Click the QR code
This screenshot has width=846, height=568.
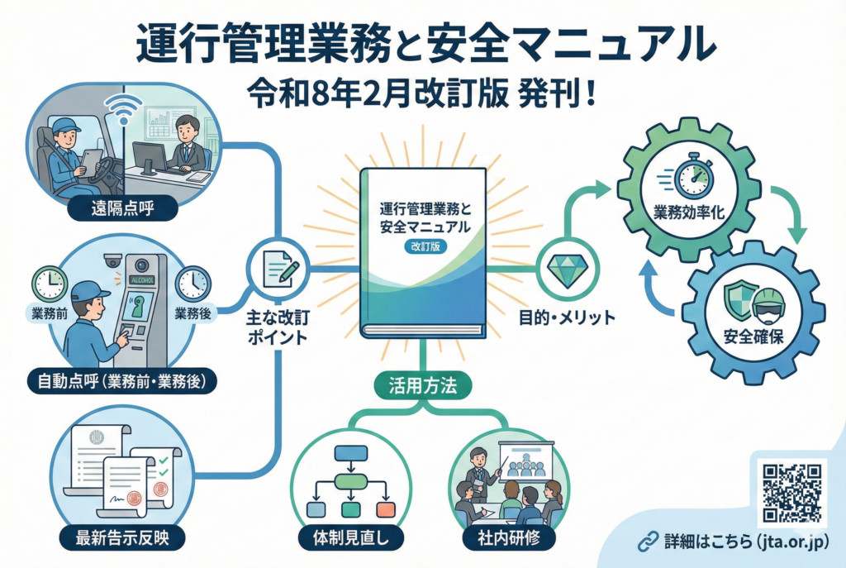[791, 494]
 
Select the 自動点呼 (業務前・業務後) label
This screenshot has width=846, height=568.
[121, 383]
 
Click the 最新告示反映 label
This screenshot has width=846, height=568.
[122, 539]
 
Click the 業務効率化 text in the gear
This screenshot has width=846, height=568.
[690, 212]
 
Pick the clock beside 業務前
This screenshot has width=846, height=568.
[49, 283]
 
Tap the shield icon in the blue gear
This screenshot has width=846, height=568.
[735, 295]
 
